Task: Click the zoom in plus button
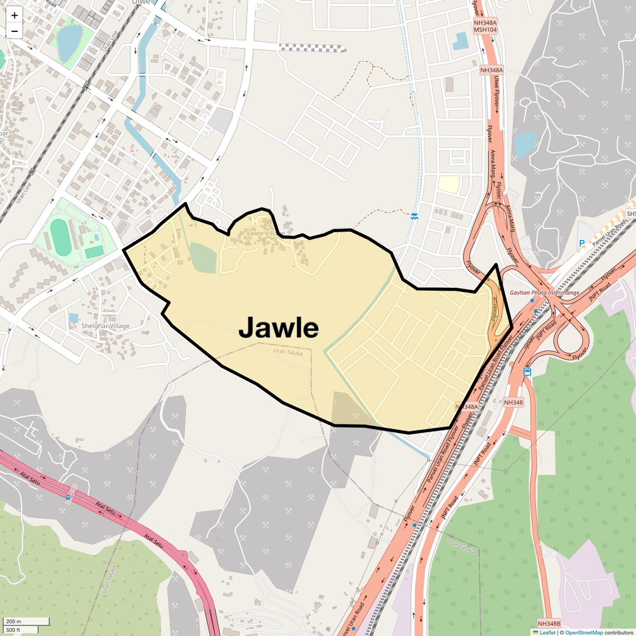click(x=15, y=16)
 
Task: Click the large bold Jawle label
click(x=278, y=327)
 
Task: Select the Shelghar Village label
click(x=105, y=326)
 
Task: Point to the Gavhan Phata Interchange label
click(x=544, y=292)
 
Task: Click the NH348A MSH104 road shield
click(x=485, y=26)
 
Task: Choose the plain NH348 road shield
click(x=513, y=402)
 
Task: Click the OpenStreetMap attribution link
click(x=584, y=632)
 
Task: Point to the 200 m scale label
click(x=14, y=621)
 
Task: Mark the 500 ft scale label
click(x=14, y=630)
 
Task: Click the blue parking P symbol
click(x=582, y=243)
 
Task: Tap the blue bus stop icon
click(x=527, y=372)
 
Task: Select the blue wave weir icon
click(x=414, y=216)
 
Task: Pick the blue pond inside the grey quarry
click(x=524, y=143)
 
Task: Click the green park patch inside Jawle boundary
click(x=203, y=258)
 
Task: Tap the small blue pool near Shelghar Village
click(x=74, y=317)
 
